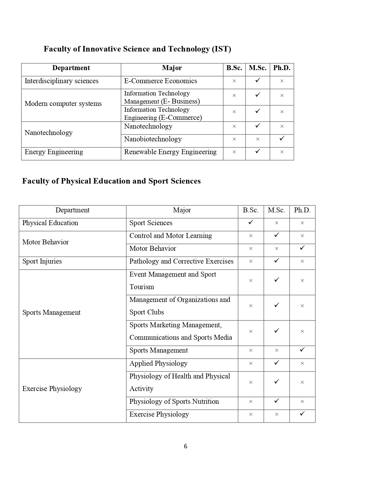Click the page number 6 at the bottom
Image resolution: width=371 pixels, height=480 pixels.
tap(185, 446)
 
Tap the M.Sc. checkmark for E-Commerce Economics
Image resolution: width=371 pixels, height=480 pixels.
tap(258, 80)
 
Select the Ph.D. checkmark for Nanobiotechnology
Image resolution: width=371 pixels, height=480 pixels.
tap(282, 138)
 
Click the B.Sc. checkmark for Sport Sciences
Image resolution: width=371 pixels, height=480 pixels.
tap(251, 222)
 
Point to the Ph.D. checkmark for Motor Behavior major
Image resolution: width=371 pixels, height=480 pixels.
tap(302, 248)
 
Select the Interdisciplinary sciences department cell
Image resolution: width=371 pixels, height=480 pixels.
tap(61, 81)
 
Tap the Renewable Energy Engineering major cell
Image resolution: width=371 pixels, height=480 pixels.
tap(170, 152)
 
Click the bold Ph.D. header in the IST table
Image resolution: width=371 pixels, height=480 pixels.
tap(282, 68)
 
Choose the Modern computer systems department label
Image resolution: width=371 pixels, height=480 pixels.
tap(63, 104)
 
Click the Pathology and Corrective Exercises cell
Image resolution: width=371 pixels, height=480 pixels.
tap(181, 261)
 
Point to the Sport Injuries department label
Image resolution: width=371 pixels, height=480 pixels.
tap(42, 261)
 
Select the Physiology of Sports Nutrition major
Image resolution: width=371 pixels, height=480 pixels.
tap(174, 401)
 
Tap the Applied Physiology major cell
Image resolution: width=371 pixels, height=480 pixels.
tap(158, 363)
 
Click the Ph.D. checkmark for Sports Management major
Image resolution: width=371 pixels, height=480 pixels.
tap(302, 350)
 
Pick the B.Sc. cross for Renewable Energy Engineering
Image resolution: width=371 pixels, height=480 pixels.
tap(234, 152)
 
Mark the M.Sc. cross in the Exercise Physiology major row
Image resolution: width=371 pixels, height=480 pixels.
tap(276, 414)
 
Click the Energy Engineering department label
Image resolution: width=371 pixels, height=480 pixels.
tap(54, 152)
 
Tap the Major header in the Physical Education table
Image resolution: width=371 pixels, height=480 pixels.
tap(182, 210)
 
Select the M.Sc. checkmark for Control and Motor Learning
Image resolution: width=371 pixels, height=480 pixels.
tap(276, 235)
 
